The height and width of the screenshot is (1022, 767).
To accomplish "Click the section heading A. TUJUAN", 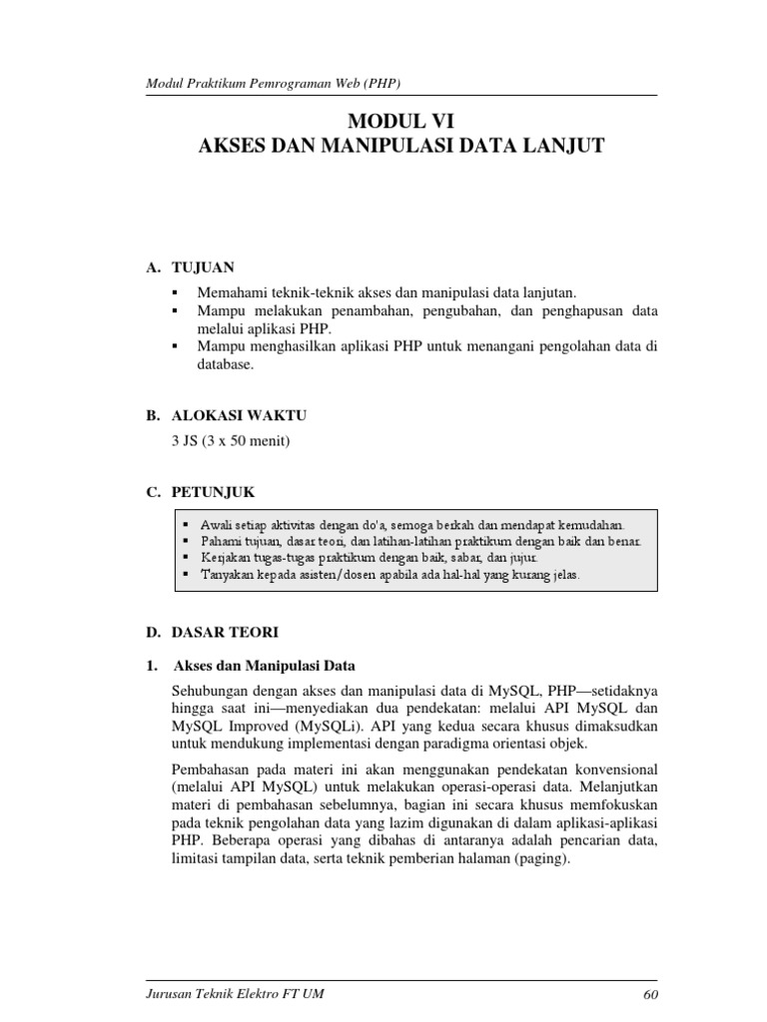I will (x=190, y=267).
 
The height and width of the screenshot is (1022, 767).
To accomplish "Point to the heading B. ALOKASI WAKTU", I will (x=226, y=414).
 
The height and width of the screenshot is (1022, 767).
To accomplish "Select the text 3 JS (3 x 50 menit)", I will (x=232, y=440).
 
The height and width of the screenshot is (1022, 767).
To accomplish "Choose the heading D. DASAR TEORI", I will (x=212, y=632).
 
